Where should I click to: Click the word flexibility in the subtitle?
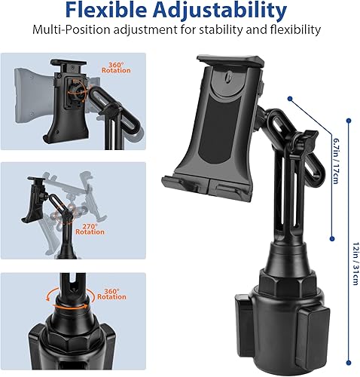(x=297, y=31)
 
